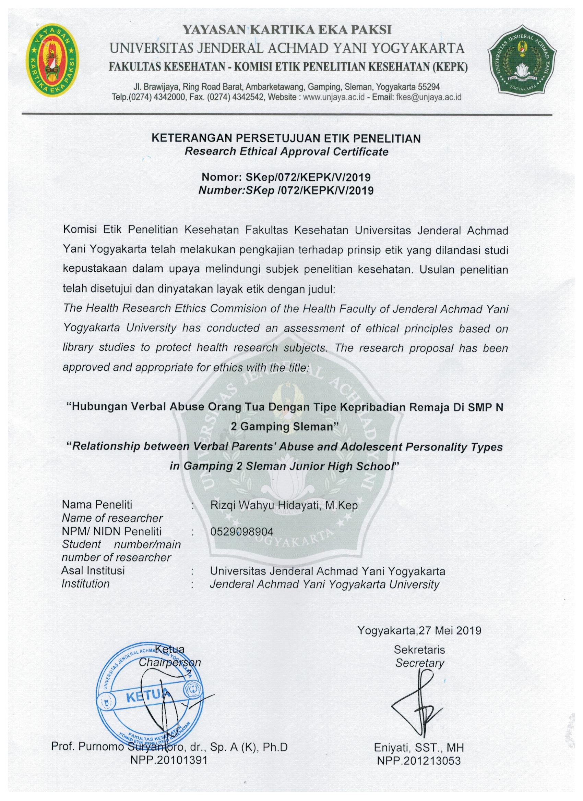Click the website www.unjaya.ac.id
(x=332, y=97)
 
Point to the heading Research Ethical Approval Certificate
(x=286, y=152)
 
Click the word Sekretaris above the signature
(x=420, y=650)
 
